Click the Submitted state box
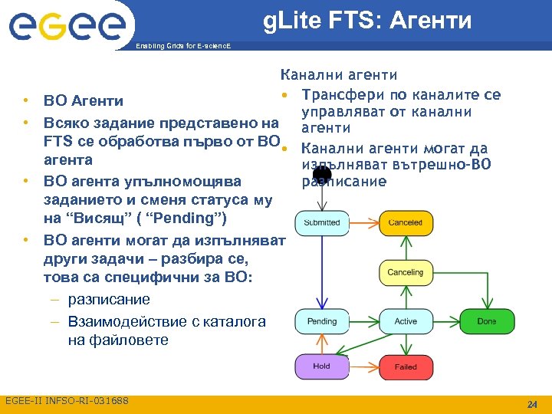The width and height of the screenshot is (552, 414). click(322, 222)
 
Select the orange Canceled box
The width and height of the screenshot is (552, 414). click(406, 222)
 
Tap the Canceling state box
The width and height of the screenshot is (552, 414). click(406, 272)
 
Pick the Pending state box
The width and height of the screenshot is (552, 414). click(322, 321)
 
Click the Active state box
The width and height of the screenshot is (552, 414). click(406, 321)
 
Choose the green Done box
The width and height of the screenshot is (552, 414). click(486, 321)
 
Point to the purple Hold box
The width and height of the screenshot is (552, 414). click(322, 366)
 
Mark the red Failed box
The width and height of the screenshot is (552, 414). click(406, 366)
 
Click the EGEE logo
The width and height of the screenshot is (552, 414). click(67, 27)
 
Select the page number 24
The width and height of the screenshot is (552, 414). click(532, 404)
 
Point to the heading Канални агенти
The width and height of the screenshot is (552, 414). click(338, 74)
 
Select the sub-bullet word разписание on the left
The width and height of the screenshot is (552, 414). click(109, 300)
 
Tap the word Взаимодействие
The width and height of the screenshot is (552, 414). click(131, 320)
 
